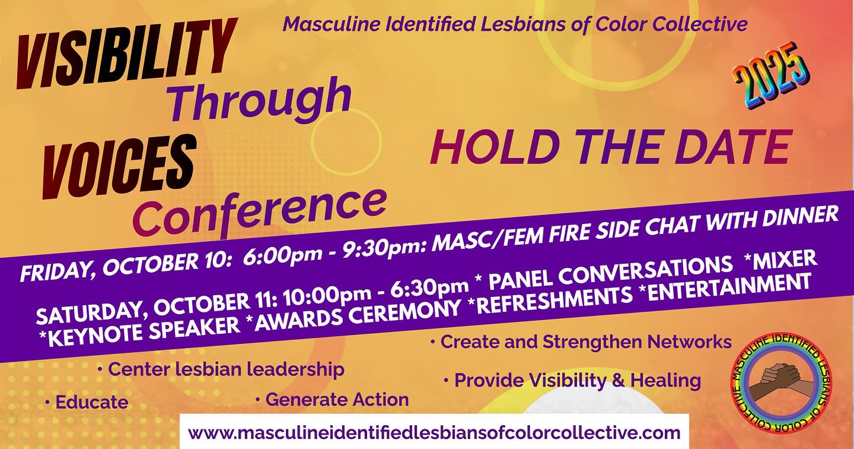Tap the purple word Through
pyautogui.click(x=261, y=100)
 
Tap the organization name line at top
pyautogui.click(x=515, y=24)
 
